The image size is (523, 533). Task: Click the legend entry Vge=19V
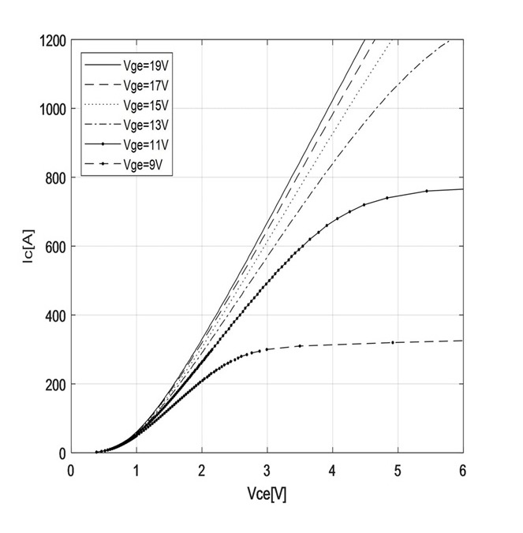tap(143, 65)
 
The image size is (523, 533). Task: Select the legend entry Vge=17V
tap(143, 85)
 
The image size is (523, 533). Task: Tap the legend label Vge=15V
tap(143, 105)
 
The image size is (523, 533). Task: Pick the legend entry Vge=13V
tap(143, 125)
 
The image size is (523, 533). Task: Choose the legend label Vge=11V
tap(143, 144)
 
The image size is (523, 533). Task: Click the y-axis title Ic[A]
tap(26, 246)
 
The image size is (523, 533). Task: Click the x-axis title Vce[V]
tap(267, 494)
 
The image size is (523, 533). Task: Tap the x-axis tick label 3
tap(267, 471)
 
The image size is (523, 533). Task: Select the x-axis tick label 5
tap(397, 471)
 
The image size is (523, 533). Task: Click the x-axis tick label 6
tap(462, 471)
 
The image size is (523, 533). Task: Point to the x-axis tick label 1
tap(136, 471)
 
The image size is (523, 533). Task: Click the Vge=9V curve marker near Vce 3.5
tap(300, 346)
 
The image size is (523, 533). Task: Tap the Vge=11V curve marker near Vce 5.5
tap(427, 191)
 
